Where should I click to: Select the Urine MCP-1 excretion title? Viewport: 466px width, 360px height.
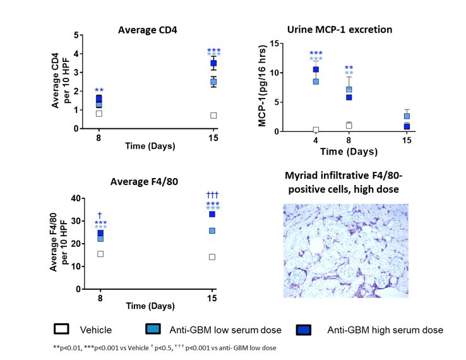coord(340,30)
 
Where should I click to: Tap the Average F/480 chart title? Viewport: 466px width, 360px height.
coord(144,182)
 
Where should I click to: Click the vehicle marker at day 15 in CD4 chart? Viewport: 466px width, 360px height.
coord(214,116)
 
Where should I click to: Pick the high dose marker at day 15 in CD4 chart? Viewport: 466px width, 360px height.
coord(214,63)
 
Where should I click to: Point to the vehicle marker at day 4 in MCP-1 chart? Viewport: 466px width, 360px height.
coord(316,130)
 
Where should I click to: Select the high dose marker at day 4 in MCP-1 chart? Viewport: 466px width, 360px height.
coord(316,69)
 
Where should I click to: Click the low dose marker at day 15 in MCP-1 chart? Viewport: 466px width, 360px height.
coord(407,116)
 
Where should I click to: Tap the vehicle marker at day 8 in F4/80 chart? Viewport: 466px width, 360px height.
coord(100,254)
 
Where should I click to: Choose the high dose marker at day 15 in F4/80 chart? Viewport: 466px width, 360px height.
coord(213,215)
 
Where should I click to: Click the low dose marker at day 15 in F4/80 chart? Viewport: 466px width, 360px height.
coord(213,231)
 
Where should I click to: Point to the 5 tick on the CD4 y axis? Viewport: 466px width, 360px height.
coord(76,35)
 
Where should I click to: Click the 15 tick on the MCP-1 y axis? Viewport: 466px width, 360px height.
coord(274,44)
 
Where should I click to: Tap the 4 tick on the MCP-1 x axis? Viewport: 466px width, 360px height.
coord(316,141)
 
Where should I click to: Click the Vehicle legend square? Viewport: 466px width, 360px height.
coord(62,329)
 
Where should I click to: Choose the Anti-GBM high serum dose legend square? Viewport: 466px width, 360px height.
coord(304,329)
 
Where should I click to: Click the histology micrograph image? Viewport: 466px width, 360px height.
coord(345,251)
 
